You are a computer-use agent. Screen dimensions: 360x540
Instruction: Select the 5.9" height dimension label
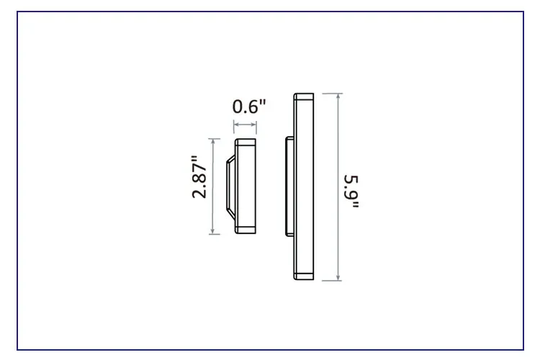351,192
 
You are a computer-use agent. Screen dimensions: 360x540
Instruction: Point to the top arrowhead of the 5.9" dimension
338,96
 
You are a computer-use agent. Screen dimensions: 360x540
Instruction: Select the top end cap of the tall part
303,97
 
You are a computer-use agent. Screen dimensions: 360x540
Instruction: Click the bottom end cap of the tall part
303,276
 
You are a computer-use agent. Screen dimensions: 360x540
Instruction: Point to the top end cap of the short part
246,142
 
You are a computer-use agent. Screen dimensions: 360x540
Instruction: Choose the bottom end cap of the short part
246,229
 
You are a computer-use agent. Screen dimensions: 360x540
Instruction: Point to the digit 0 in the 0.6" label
238,107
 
